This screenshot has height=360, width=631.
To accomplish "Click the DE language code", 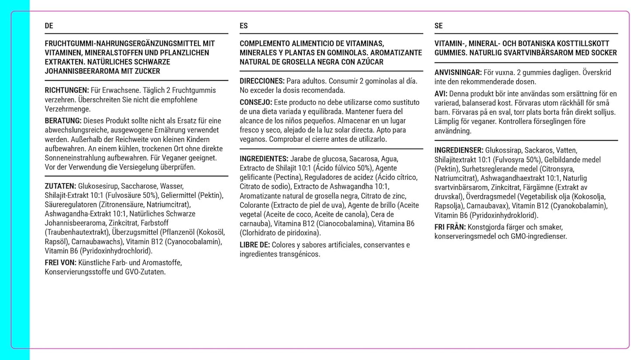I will (49, 26).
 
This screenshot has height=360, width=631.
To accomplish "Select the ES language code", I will (244, 26).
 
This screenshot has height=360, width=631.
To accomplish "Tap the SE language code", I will (438, 26).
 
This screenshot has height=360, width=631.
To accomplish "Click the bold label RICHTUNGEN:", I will (67, 90).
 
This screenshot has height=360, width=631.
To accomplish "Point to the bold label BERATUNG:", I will (63, 121).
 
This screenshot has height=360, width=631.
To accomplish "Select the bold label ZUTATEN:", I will (60, 186).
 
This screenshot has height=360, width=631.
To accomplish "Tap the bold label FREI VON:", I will (61, 263).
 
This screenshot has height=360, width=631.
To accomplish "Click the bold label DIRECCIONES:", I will (262, 81).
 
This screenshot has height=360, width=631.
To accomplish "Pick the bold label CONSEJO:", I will (256, 102).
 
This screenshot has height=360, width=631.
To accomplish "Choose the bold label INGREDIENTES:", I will (264, 159).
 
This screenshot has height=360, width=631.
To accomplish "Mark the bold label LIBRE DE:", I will (255, 245).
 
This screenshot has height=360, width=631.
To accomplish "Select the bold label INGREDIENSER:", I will (459, 150).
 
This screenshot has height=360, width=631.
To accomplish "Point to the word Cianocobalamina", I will (345, 224).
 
